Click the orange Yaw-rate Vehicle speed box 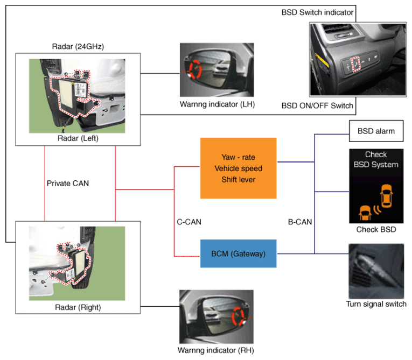click(x=239, y=168)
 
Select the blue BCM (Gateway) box click(x=239, y=253)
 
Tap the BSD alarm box click(x=376, y=131)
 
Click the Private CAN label click(x=68, y=183)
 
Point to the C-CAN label click(x=189, y=222)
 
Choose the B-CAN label click(x=300, y=222)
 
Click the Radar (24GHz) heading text click(x=78, y=46)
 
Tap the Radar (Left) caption click(x=78, y=138)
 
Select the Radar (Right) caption click(x=78, y=307)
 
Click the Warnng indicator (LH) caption click(x=217, y=104)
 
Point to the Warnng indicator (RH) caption click(x=216, y=350)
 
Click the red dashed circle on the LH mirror click(x=195, y=69)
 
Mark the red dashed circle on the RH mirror click(x=239, y=316)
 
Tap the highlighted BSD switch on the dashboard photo click(x=355, y=64)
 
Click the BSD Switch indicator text click(x=317, y=12)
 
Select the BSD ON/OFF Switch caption click(x=317, y=105)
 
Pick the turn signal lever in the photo click(x=376, y=270)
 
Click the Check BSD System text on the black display click(x=376, y=159)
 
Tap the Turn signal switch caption click(x=376, y=304)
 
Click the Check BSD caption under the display click(x=376, y=229)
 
